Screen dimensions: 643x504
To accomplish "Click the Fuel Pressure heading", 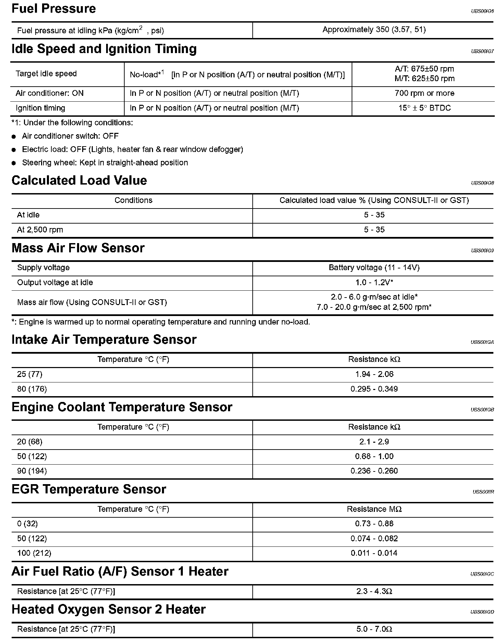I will tap(54, 9).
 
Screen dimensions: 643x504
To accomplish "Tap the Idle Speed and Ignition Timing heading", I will tap(104, 49).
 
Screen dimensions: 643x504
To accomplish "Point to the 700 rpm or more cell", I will tap(424, 93).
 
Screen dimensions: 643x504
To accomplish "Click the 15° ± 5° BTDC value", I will tap(424, 108).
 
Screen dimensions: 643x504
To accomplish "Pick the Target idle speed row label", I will tap(46, 74).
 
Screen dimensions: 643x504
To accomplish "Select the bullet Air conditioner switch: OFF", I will tap(70, 136).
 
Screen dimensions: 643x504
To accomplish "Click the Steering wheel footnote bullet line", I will tap(105, 163).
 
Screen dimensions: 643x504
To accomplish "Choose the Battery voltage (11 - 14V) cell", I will tap(374, 268).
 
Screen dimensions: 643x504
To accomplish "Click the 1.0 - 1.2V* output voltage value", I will tap(374, 282).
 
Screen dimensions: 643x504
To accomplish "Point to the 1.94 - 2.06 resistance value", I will tap(374, 374).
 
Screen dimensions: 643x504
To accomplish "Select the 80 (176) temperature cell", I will tap(32, 389).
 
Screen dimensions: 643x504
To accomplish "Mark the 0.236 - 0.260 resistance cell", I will tap(374, 471).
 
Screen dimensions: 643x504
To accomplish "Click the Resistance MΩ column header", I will tap(374, 509).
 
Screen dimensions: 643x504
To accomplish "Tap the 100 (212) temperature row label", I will tap(34, 553).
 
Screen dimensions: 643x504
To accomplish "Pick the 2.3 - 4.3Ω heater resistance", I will tap(374, 591).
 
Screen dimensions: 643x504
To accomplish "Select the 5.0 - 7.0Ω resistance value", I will tap(374, 629).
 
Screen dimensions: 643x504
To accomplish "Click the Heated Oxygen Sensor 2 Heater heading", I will tap(109, 610).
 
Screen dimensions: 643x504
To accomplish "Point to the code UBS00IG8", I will tap(482, 183).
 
